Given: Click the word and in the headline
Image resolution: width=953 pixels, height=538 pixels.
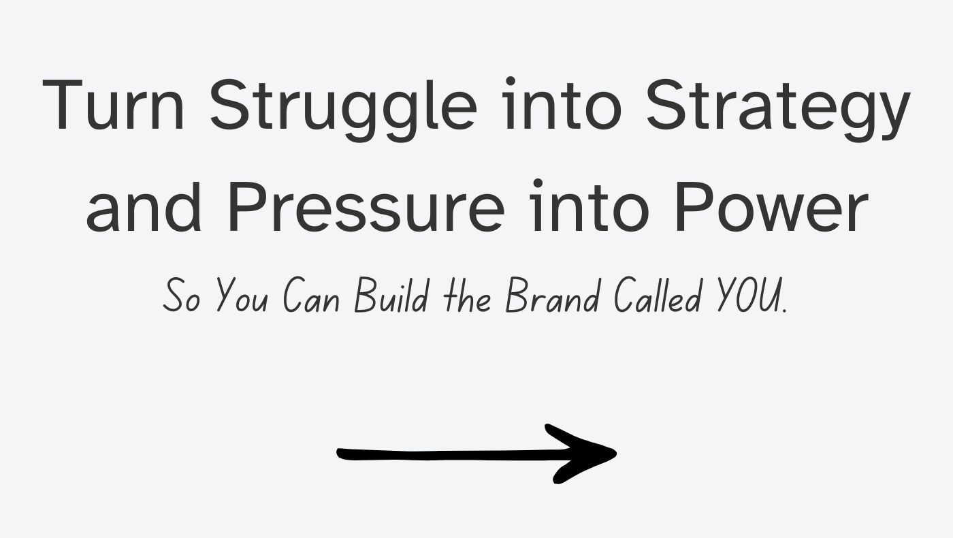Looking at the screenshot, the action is [143, 206].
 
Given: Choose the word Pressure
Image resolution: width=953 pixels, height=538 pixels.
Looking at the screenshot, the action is [367, 207].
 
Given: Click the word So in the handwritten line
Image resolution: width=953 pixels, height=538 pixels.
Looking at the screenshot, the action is [182, 296].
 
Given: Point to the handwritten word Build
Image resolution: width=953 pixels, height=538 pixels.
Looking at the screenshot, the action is [391, 296].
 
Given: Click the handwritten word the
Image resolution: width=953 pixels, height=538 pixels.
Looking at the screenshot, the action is [467, 296].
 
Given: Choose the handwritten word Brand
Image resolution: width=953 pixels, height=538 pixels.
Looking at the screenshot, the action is [553, 296].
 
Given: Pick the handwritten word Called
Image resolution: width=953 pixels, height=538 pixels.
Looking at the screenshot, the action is [658, 296].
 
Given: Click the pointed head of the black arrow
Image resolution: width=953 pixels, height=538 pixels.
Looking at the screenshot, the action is [616, 454].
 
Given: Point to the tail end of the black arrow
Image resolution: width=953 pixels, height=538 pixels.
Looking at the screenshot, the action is [338, 454].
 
